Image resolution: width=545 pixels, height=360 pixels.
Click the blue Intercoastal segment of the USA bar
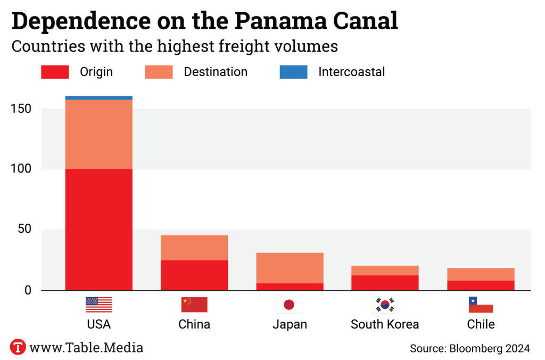(98, 98)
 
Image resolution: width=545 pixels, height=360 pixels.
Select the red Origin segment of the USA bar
(98, 229)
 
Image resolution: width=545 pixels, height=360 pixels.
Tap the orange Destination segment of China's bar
(194, 248)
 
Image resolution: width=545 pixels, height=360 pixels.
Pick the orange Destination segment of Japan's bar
(290, 268)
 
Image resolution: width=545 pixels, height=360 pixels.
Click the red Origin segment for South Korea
(385, 283)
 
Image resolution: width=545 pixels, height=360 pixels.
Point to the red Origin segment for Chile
(480, 285)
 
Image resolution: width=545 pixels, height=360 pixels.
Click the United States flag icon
(99, 305)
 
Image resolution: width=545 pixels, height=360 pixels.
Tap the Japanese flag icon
(289, 305)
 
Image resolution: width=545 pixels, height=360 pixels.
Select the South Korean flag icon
(384, 305)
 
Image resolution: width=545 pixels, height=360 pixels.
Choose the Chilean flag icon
(480, 305)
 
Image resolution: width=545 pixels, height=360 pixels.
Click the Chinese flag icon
(194, 305)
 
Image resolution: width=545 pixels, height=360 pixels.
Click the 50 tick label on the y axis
(24, 230)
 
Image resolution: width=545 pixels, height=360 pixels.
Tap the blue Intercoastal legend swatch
(293, 72)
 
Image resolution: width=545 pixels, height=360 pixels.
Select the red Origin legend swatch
(55, 72)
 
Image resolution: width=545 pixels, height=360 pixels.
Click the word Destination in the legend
(216, 72)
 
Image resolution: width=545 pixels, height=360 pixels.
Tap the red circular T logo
(18, 347)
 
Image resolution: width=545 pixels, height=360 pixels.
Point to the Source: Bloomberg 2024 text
(469, 349)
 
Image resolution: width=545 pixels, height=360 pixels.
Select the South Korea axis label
(385, 324)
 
